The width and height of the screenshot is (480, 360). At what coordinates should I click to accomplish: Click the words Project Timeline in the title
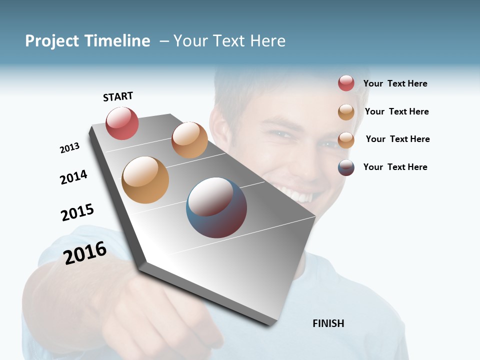(87, 41)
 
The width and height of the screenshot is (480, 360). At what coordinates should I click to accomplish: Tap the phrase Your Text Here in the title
(229, 41)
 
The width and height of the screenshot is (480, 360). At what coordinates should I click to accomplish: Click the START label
(118, 96)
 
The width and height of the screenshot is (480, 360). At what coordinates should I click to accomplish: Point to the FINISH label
(328, 323)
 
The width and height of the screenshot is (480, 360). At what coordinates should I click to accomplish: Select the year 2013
(69, 148)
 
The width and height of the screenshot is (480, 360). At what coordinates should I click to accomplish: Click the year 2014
(73, 177)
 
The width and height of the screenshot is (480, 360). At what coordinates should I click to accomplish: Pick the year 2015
(77, 212)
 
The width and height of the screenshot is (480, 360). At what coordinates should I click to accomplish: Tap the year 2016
(85, 252)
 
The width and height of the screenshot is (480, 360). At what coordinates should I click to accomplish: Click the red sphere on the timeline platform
(122, 123)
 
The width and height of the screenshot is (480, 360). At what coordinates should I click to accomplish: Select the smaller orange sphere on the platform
(189, 140)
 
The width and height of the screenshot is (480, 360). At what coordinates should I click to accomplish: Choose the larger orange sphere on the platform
(145, 180)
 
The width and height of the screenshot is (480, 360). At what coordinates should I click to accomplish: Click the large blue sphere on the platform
(216, 207)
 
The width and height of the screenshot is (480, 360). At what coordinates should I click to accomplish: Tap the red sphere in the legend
(346, 83)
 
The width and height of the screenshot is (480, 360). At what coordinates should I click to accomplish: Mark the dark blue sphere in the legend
(346, 167)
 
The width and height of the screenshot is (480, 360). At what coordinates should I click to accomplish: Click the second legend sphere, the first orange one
(346, 112)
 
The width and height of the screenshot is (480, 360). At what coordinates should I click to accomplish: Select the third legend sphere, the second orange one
(346, 140)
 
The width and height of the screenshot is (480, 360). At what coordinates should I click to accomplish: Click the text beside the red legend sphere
(395, 83)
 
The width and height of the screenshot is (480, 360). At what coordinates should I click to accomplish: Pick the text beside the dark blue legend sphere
(395, 167)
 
